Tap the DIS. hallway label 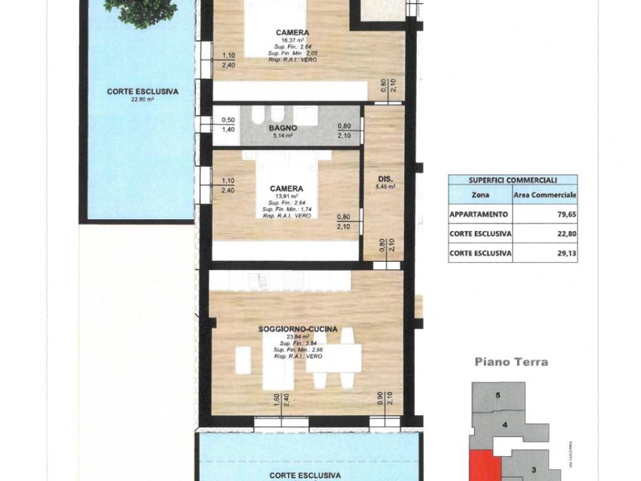(384, 177)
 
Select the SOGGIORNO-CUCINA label (298, 329)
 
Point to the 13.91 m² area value (287, 196)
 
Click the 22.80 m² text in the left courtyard (142, 98)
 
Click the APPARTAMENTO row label (478, 213)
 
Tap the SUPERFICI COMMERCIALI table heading (513, 180)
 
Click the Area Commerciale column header (545, 195)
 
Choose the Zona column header (480, 195)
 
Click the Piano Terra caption (511, 361)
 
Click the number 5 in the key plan (498, 395)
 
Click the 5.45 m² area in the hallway (384, 186)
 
